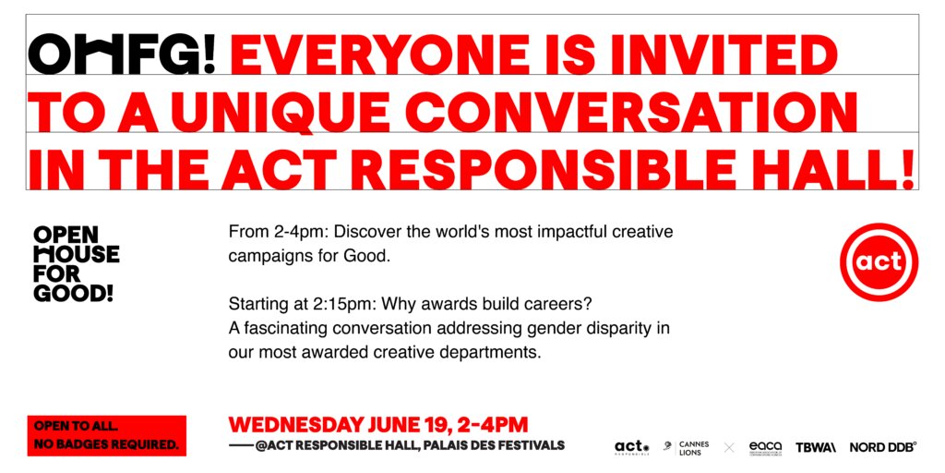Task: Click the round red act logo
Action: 879,261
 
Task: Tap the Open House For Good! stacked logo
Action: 77,263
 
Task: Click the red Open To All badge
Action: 107,436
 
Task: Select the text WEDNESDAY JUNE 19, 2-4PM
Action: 377,425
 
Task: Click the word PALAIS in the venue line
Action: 436,446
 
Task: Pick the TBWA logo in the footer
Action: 816,448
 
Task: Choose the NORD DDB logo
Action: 883,448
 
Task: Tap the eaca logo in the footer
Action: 765,447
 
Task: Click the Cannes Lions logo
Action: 686,448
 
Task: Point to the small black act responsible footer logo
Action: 631,448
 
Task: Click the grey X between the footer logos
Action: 729,448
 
